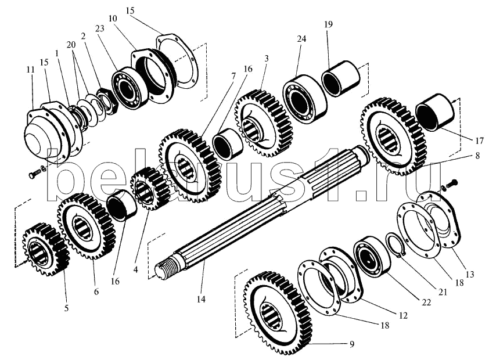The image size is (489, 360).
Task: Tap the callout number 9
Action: pyautogui.click(x=352, y=344)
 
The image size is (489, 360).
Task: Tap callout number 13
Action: pyautogui.click(x=469, y=274)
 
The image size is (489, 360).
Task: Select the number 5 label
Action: pyautogui.click(x=66, y=308)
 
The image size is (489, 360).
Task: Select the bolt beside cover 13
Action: pyautogui.click(x=452, y=183)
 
